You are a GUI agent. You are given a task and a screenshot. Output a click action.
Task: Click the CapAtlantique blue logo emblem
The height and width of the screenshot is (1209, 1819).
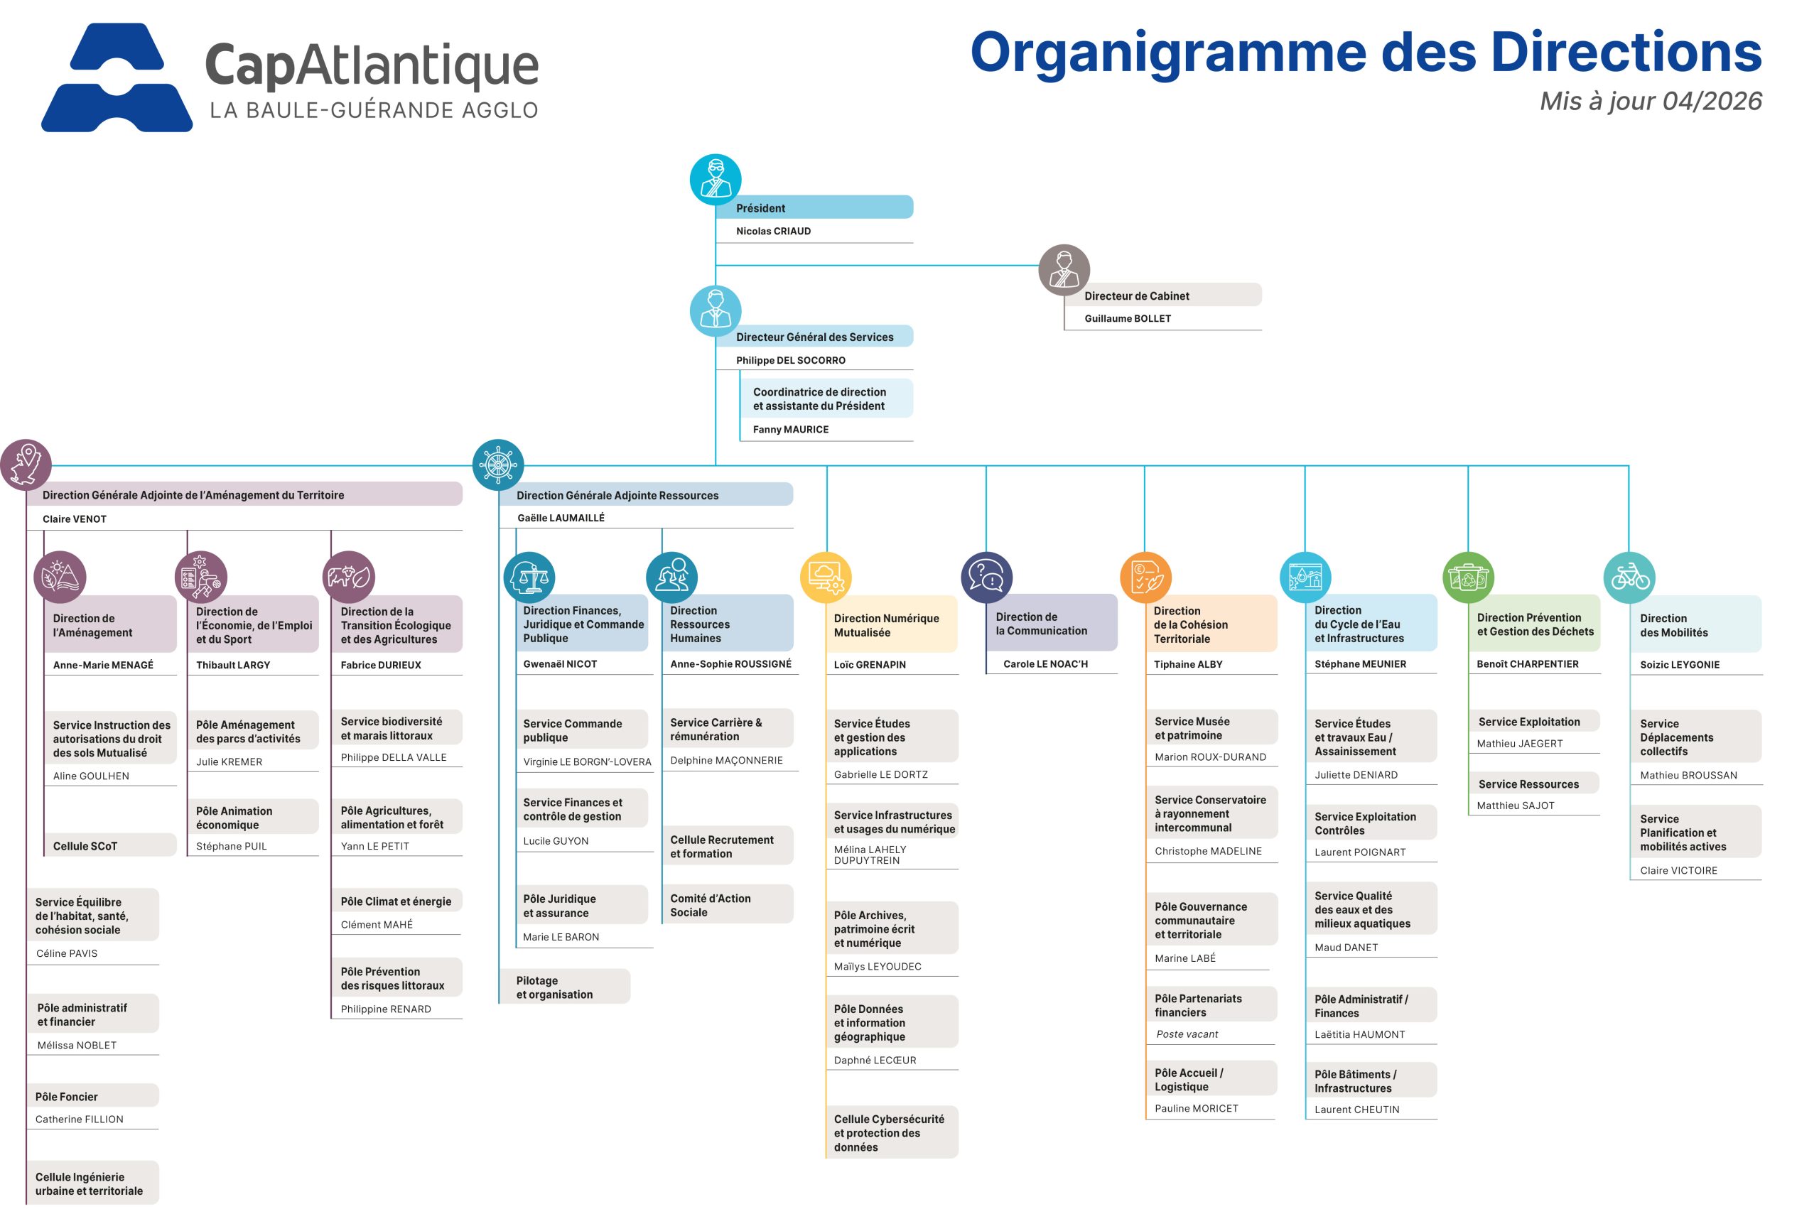[x=117, y=77]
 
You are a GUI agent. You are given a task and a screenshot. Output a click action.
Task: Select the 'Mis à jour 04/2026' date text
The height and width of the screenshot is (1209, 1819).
[x=1649, y=101]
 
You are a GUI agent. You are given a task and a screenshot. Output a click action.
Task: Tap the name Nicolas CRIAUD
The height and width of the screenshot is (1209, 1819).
[x=772, y=232]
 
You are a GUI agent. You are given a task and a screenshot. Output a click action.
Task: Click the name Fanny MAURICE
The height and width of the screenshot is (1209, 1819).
[x=790, y=430]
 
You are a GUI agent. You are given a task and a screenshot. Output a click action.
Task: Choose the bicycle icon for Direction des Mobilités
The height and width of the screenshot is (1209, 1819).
[x=1629, y=578]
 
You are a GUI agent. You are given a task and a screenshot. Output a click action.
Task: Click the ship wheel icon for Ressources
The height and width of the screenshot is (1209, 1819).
[x=498, y=465]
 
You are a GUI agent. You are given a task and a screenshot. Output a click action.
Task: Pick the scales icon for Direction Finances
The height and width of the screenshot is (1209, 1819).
[x=529, y=578]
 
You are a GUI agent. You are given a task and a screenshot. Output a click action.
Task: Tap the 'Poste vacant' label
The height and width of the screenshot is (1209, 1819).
[x=1187, y=1034]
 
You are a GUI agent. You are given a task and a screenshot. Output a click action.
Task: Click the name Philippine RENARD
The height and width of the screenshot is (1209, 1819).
[x=386, y=1009]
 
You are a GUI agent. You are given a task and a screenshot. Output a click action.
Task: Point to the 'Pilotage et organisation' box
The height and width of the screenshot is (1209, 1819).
[x=563, y=987]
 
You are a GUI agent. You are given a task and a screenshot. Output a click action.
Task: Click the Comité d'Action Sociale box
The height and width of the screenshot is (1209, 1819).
[x=726, y=904]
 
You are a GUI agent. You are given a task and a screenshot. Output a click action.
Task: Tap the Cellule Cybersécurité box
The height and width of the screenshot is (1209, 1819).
[x=890, y=1132]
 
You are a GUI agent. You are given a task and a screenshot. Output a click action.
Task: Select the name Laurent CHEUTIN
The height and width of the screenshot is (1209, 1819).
[x=1356, y=1110]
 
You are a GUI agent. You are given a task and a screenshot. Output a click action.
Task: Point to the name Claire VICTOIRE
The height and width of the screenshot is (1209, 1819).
[x=1678, y=870]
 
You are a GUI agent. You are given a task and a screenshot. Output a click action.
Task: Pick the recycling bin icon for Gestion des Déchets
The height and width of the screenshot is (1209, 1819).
[x=1467, y=578]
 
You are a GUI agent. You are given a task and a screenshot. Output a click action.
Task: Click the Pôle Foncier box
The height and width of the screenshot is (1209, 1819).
[x=92, y=1095]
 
